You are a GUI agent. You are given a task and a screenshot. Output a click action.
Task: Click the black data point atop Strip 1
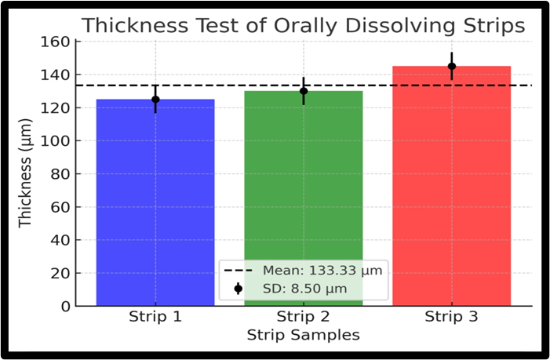[x=155, y=100]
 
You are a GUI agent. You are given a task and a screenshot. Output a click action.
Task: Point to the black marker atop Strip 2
[x=304, y=91]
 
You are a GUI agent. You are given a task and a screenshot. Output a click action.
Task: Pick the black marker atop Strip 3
[x=452, y=67]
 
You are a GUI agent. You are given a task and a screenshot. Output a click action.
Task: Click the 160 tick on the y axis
[x=60, y=42]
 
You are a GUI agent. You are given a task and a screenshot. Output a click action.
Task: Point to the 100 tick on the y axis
[x=60, y=141]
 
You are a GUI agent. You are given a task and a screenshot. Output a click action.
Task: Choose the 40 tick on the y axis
[x=64, y=240]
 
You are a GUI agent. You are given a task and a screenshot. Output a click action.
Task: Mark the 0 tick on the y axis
[x=67, y=306]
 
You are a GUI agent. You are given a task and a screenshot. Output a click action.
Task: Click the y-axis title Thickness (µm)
[x=27, y=173]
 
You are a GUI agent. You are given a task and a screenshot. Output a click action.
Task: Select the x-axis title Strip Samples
[x=304, y=335]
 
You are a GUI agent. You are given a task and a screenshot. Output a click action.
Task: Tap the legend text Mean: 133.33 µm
[x=322, y=271]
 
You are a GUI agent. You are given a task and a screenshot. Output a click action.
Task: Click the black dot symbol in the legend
[x=238, y=288]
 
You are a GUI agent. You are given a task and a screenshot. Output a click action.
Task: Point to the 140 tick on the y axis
[x=60, y=75]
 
